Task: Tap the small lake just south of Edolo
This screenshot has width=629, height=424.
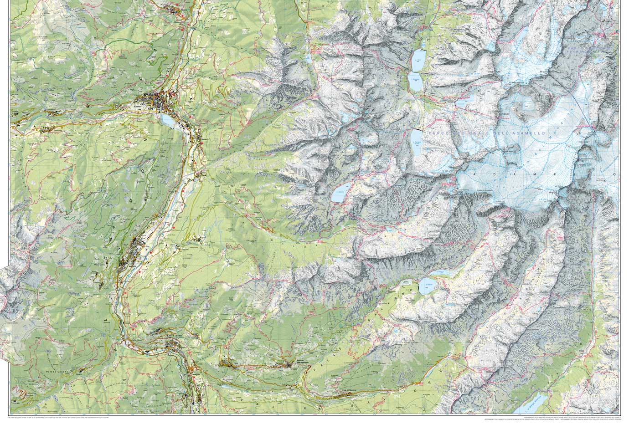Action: pos(167,121)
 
